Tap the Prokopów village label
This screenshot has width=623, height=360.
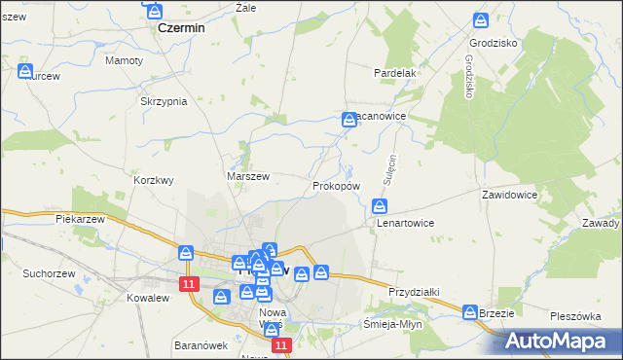pyautogui.click(x=337, y=185)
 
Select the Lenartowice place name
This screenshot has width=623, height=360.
pyautogui.click(x=405, y=223)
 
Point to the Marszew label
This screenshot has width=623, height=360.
pyautogui.click(x=247, y=176)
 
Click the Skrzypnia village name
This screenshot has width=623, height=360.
pyautogui.click(x=163, y=101)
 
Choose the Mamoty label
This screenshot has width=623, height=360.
pyautogui.click(x=124, y=60)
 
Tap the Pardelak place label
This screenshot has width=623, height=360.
pyautogui.click(x=395, y=73)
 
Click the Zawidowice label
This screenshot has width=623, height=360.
pyautogui.click(x=510, y=195)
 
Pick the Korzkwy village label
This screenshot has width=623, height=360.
pyautogui.click(x=153, y=180)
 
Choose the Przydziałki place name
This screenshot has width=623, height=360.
pyautogui.click(x=415, y=291)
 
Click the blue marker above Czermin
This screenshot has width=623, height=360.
pyautogui.click(x=155, y=11)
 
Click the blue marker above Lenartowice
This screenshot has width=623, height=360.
pyautogui.click(x=381, y=205)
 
